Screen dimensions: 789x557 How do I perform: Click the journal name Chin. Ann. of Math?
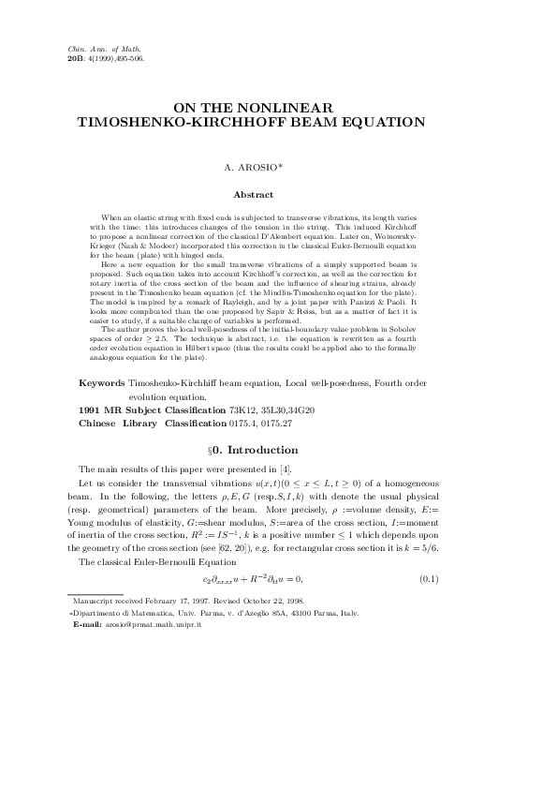[99, 47]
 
